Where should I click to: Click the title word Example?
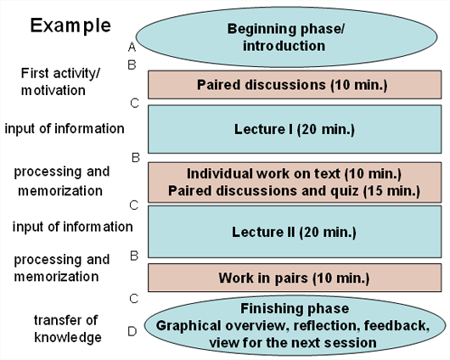pos(70,25)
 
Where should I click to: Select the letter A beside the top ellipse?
pos(132,47)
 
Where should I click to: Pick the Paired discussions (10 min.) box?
pos(294,84)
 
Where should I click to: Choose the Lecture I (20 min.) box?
pos(294,129)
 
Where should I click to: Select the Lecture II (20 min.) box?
pos(294,231)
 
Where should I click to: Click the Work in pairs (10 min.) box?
pos(294,277)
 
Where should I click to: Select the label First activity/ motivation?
pos(53,82)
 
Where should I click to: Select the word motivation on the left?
pos(53,89)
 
